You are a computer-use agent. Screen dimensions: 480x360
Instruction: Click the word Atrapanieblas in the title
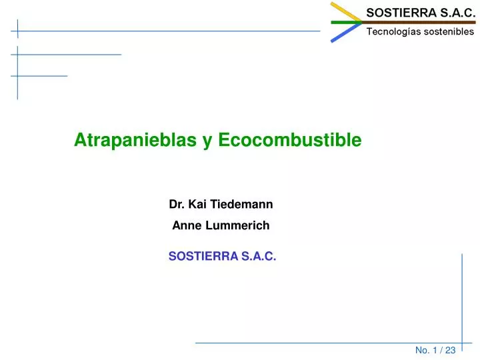coord(135,140)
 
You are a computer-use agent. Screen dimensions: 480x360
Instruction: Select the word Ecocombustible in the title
coord(290,139)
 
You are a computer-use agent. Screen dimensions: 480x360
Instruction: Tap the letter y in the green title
coord(207,142)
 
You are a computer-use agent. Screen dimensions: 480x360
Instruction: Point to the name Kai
coord(197,204)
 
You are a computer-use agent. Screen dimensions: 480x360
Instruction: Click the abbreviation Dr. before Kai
coord(177,204)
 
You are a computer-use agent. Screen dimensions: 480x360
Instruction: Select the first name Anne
coord(187,225)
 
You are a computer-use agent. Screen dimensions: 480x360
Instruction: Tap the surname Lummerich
coord(237,225)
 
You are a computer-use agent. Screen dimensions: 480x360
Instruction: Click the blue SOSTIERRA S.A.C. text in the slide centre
coord(222,256)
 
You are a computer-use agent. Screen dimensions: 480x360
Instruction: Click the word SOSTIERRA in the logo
coord(401,13)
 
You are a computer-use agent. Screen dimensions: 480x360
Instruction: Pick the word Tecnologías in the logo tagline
coord(392,32)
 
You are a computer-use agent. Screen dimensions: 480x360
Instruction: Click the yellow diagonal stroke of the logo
coord(346,12)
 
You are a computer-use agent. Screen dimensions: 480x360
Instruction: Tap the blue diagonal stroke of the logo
coord(346,33)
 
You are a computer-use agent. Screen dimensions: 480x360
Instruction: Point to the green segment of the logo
coord(347,23)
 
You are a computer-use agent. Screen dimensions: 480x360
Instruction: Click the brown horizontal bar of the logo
coord(419,23)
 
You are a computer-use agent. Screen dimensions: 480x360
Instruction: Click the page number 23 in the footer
coord(450,350)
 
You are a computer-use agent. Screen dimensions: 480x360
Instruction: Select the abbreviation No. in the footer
coord(422,350)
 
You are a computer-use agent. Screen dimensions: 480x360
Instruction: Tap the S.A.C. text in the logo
coord(457,13)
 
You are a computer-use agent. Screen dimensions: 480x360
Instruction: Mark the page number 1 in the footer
coord(435,350)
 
